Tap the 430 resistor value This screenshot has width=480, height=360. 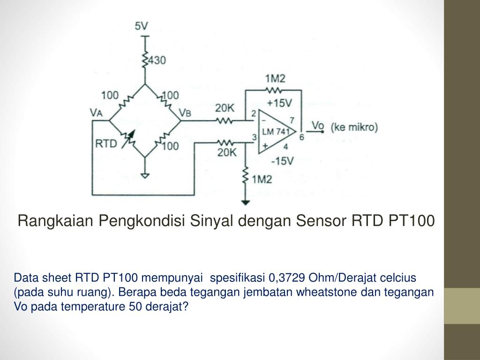[157, 60]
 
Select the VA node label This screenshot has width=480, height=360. [97, 112]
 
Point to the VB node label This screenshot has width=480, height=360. [186, 112]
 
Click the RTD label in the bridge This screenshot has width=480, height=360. [106, 143]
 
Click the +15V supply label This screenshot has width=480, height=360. [279, 103]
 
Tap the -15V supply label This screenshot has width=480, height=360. [282, 161]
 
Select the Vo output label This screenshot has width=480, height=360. [318, 126]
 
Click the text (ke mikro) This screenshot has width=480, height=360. [354, 127]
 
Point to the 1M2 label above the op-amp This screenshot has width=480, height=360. [275, 78]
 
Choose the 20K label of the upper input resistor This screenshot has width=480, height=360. [225, 108]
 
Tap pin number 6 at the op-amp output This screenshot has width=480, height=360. [301, 137]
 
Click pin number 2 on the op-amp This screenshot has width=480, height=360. [254, 113]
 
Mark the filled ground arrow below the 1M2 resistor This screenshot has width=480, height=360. [245, 202]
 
